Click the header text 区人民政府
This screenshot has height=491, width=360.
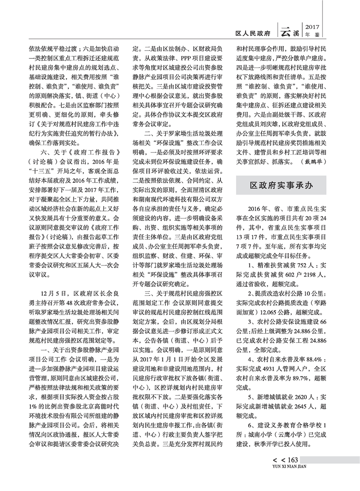point(253,33)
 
